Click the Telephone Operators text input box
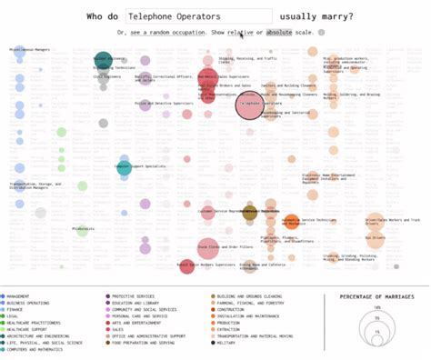pos(198,16)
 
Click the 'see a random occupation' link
pos(169,32)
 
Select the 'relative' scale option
pos(239,32)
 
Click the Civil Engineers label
pos(106,77)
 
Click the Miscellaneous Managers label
pos(30,49)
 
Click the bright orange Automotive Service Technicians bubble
pos(291,221)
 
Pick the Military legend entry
pos(226,342)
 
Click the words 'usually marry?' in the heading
pos(317,16)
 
